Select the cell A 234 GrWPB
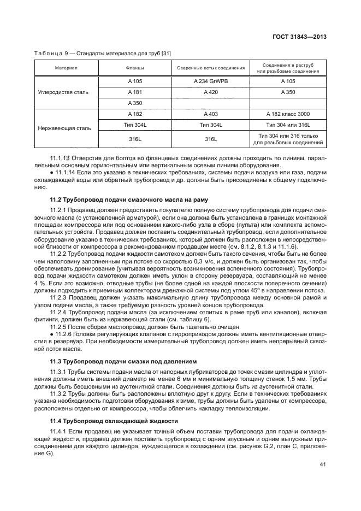210,81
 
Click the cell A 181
134,92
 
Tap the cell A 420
210,92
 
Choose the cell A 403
210,114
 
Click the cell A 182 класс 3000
288,114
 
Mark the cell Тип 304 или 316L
288,126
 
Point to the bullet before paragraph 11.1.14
51,172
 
